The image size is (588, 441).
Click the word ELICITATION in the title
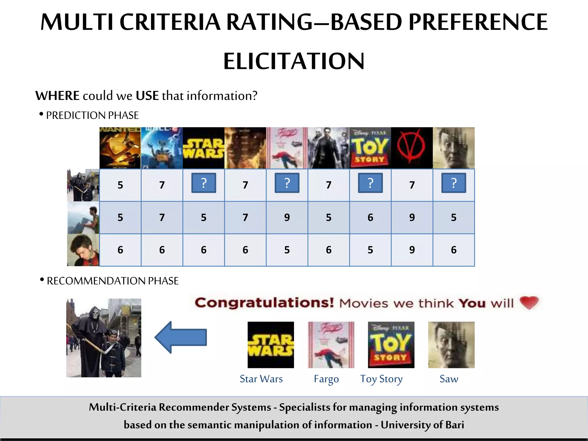tap(294, 61)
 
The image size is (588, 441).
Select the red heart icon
tap(529, 303)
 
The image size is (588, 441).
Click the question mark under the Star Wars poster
tap(204, 183)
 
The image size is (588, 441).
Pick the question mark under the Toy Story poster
tap(370, 183)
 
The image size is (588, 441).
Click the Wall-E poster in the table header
tap(162, 148)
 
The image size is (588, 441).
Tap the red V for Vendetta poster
tap(412, 148)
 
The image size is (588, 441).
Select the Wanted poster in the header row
tap(120, 148)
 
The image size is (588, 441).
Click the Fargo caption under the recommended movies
tap(326, 379)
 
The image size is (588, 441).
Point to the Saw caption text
tap(449, 379)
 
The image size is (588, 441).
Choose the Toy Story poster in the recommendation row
tap(391, 345)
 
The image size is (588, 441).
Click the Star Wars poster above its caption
tap(271, 345)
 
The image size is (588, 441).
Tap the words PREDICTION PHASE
tap(92, 115)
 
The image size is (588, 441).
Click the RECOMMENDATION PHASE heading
tap(113, 281)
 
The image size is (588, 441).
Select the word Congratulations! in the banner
tap(264, 303)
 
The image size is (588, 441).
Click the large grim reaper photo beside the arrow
tap(104, 338)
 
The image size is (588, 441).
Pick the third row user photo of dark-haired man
tap(83, 250)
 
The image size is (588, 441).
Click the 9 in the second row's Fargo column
tap(287, 218)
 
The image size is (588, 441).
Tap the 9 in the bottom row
tap(412, 250)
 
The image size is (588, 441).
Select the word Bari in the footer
tap(454, 425)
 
